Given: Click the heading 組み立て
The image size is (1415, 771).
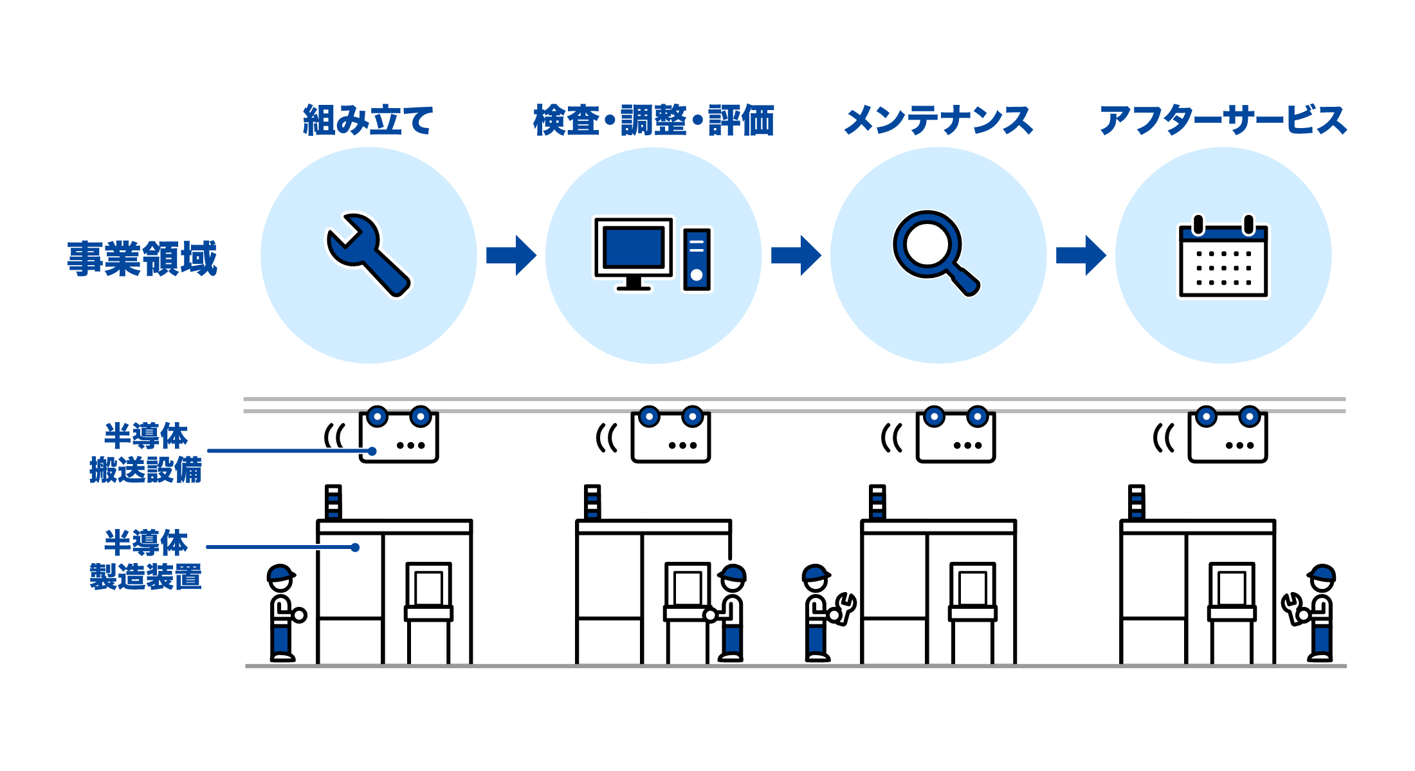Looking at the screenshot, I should tap(368, 120).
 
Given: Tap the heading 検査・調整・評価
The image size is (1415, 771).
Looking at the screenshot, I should tap(653, 120).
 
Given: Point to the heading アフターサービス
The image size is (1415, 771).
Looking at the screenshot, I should tap(1223, 120).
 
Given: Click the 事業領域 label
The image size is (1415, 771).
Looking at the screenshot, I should tap(142, 258).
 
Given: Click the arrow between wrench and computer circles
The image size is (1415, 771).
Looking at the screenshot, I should tap(511, 255).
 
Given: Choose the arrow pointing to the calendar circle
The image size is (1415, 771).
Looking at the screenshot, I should tap(1081, 255).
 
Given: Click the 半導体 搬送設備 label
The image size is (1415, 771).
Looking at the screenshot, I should tap(145, 452).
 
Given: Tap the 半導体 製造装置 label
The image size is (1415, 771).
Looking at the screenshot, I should tap(145, 559).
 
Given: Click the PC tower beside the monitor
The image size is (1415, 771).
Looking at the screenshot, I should tap(697, 259).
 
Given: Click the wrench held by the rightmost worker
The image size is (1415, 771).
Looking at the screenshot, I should tap(1292, 608).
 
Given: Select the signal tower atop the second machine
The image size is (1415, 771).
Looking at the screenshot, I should tap(592, 502).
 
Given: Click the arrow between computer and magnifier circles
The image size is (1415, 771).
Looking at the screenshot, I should tap(796, 255).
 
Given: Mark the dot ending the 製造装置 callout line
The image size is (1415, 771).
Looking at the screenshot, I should tap(355, 547).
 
